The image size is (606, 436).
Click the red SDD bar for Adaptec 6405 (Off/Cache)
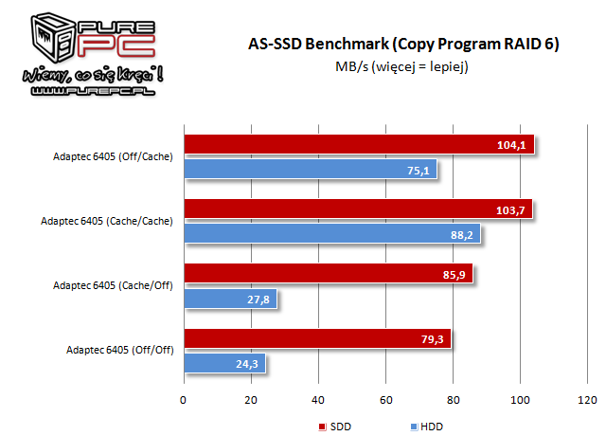[x=359, y=145]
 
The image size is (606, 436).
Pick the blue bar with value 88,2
[x=332, y=233]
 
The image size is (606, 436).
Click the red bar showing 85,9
[x=328, y=274]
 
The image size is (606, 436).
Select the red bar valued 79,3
[x=316, y=338]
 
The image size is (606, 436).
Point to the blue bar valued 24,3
[x=224, y=363]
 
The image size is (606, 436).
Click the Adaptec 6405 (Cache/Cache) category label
[x=106, y=222]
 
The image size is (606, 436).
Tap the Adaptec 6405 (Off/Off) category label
[x=118, y=351]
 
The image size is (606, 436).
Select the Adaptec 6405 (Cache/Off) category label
[x=113, y=286]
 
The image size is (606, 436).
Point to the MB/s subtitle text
[x=401, y=67]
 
